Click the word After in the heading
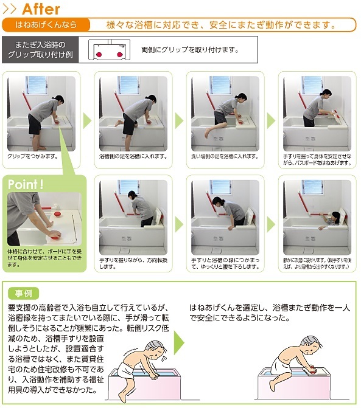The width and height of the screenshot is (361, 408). [41, 9]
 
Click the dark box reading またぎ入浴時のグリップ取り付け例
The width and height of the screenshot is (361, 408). [40, 50]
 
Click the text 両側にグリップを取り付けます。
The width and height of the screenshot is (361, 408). [189, 50]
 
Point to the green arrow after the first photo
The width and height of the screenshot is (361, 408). [87, 120]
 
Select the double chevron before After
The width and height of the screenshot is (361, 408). [11, 9]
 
